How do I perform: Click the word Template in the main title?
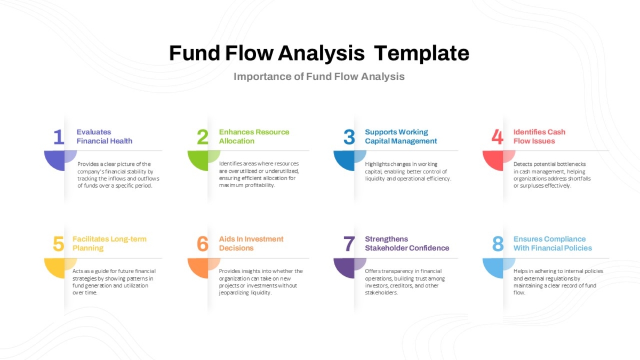[x=421, y=53]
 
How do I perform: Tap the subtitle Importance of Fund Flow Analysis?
[x=319, y=77]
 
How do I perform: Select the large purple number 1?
[x=59, y=137]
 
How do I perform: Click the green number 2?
[x=203, y=137]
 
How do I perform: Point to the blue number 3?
[x=349, y=137]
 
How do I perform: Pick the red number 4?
[x=498, y=137]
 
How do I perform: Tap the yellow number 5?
[x=59, y=244]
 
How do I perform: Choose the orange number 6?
[x=203, y=244]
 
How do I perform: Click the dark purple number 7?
[x=349, y=244]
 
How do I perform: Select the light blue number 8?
[x=498, y=244]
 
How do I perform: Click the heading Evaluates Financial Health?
[x=105, y=137]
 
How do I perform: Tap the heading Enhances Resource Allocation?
[x=254, y=137]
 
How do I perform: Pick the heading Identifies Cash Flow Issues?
[x=539, y=137]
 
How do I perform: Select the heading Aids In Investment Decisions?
[x=251, y=243]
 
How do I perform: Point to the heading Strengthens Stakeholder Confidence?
[x=407, y=243]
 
